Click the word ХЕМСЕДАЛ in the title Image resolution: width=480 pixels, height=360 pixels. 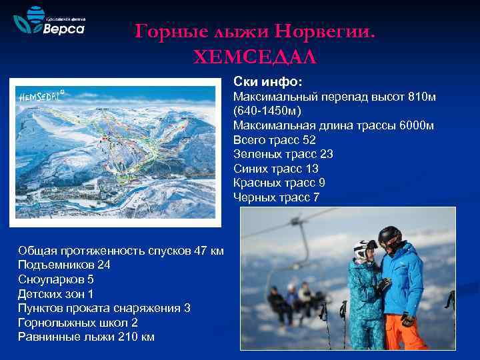[255, 57]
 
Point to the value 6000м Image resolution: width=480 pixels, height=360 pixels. [419, 125]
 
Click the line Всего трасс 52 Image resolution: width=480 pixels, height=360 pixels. [275, 140]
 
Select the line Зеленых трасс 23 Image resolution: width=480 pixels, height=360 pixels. [283, 154]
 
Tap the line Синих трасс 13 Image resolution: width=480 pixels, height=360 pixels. [276, 168]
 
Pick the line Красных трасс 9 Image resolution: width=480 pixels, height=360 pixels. [279, 183]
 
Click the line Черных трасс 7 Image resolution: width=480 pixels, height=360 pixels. [277, 197]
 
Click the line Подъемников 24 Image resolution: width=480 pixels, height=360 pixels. [64, 265]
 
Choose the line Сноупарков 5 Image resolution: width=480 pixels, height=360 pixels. [56, 279]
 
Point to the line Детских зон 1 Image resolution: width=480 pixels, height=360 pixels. [56, 293]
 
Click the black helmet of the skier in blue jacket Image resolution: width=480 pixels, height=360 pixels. [389, 236]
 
